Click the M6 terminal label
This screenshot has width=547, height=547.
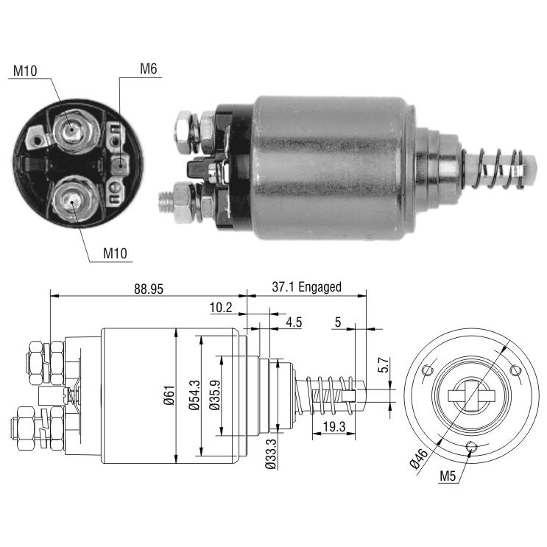point(148,68)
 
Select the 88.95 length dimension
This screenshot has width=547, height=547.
point(149,289)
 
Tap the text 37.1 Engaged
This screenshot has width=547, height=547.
point(307,287)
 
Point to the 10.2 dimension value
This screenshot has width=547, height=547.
point(221,308)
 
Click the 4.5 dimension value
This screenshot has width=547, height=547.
point(294,322)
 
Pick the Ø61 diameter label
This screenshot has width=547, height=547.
point(169,395)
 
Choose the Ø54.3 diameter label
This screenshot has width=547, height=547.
point(194,395)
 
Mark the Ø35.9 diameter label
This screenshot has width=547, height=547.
point(215,395)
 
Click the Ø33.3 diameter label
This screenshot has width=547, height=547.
point(271,454)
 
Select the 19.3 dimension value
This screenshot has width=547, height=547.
point(334,426)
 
